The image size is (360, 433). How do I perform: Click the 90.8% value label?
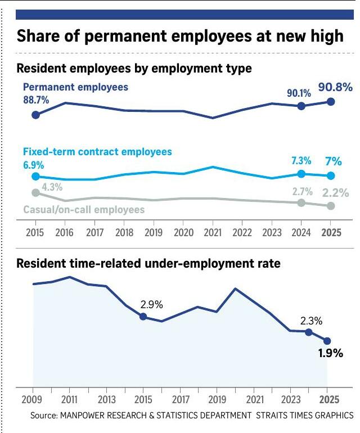click(335, 87)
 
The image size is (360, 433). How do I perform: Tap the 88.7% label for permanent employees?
click(35, 100)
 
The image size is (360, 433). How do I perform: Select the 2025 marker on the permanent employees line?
click(331, 101)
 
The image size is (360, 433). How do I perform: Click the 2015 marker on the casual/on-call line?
click(35, 192)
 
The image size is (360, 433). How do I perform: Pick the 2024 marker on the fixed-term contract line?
click(301, 174)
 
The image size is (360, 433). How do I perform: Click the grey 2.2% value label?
click(335, 192)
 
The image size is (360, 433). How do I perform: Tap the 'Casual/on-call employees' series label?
click(84, 209)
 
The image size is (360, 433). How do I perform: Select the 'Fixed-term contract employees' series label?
click(97, 152)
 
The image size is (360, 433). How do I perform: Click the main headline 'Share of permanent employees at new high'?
click(179, 37)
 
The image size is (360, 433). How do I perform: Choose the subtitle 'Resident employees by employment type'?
click(134, 69)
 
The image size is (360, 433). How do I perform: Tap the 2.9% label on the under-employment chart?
click(151, 305)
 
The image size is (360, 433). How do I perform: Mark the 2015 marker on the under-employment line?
click(143, 317)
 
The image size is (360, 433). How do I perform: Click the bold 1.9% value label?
click(330, 354)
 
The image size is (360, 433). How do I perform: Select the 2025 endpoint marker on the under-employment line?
click(327, 340)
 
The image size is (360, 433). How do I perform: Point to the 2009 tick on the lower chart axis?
click(33, 399)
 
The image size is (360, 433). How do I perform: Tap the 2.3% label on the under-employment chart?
click(310, 321)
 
